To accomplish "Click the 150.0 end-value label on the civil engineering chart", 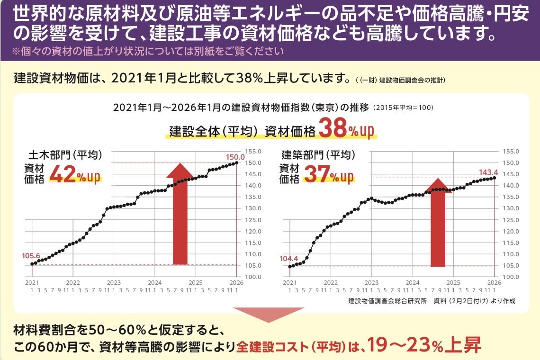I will click(235, 157).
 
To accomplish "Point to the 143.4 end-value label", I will click(488, 171).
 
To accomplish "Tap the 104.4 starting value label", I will click(289, 259).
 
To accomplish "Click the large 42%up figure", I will click(75, 174).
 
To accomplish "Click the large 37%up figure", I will click(328, 174).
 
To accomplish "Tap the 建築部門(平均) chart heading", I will click(318, 155).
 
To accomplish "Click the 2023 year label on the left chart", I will click(114, 282).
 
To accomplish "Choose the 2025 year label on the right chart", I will click(454, 282).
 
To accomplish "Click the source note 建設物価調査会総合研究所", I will click(387, 301).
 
